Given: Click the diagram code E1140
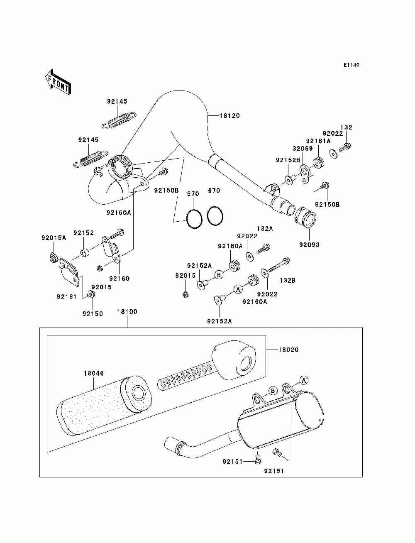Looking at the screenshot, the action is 351,65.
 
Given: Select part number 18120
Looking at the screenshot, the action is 229,115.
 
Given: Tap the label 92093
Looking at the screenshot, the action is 309,245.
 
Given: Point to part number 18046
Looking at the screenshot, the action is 93,373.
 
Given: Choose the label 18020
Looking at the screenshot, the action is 288,350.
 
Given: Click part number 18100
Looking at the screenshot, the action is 127,312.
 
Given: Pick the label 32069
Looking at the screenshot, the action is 303,149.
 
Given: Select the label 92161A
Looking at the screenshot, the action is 318,141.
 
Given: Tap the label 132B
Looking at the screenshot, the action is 288,280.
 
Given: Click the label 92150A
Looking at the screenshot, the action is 119,213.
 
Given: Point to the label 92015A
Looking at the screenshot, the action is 54,238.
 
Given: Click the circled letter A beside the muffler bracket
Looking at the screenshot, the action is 304,380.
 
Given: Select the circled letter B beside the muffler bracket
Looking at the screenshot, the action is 273,391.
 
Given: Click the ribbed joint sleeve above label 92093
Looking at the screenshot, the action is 305,218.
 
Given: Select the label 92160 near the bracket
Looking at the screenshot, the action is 119,279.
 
